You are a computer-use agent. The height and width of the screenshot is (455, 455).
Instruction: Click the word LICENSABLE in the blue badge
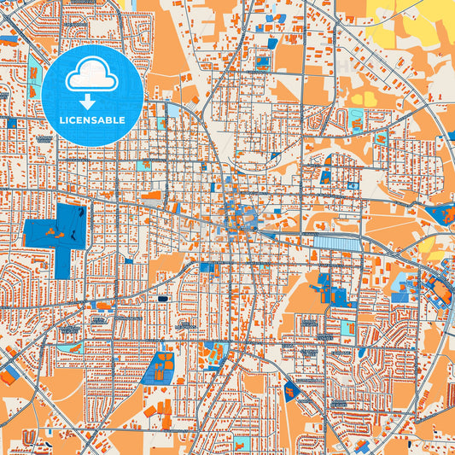(92, 120)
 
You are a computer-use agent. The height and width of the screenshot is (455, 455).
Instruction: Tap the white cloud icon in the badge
(92, 77)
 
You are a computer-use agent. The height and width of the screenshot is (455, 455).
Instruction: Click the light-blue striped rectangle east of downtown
(337, 244)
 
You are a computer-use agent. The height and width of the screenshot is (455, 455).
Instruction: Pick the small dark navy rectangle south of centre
(162, 299)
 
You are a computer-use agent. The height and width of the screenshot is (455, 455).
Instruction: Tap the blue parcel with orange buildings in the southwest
(159, 367)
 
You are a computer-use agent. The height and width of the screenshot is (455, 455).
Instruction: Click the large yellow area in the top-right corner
(410, 21)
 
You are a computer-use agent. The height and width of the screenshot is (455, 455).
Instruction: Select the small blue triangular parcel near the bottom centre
(290, 391)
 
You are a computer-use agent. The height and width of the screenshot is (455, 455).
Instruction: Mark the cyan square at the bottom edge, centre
(242, 444)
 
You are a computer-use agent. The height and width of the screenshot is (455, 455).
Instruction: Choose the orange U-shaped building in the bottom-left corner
(29, 438)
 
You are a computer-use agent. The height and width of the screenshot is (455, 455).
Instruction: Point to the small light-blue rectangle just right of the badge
(173, 111)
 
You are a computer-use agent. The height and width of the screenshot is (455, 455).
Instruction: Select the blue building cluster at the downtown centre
(235, 218)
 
